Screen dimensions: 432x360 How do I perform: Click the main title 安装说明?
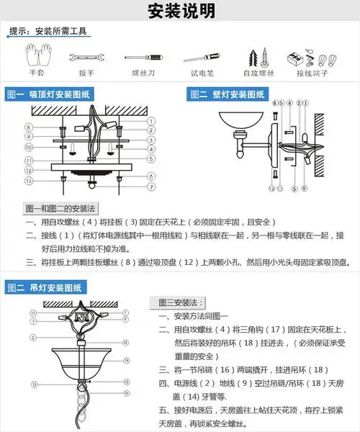click(181, 12)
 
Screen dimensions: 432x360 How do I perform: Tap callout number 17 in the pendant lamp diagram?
click(33, 313)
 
